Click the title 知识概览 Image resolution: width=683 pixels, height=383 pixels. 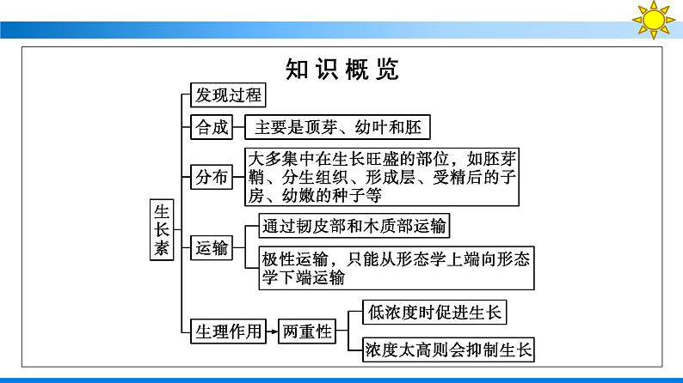(x=341, y=70)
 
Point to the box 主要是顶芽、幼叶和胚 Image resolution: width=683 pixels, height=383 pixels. (x=336, y=128)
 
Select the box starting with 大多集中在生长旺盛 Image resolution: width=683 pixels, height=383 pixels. (x=383, y=177)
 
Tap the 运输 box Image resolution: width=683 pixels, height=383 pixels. (x=212, y=249)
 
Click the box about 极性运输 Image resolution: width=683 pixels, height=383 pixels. (x=397, y=268)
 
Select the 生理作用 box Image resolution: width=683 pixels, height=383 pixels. (x=227, y=331)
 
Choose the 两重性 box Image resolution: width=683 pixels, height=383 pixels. (x=305, y=331)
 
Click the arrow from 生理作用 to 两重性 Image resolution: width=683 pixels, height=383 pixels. (x=271, y=331)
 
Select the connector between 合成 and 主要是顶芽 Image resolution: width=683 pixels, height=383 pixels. (x=239, y=128)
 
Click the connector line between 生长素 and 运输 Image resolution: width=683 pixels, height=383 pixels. (x=182, y=249)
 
